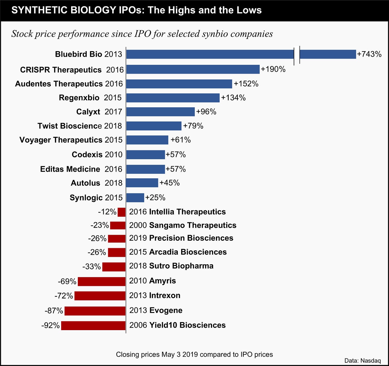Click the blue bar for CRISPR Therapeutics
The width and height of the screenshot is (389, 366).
coord(193,69)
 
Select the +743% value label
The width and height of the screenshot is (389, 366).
coord(369,54)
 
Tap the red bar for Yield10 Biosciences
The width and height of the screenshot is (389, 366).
coord(93,325)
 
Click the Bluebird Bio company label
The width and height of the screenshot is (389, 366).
coord(79,54)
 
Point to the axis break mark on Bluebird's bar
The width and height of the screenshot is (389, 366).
coord(297,54)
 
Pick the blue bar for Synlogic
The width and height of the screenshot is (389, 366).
coord(135,198)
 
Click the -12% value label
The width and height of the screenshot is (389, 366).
coord(107,212)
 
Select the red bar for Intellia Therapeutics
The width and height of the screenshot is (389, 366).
coord(122,212)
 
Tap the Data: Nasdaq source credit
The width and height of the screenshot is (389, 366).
coord(362,361)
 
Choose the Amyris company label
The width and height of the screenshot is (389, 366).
coord(163,281)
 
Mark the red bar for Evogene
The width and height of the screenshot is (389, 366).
coord(95,311)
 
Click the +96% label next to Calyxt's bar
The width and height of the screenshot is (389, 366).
coord(206,112)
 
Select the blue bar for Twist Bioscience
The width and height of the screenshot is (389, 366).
coord(154,126)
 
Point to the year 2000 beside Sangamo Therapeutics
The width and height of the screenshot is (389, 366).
coord(138,225)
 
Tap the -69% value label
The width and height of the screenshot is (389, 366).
coord(67,282)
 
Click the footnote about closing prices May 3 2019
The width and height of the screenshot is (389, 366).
coord(194,354)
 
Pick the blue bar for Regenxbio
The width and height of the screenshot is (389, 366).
coord(173,98)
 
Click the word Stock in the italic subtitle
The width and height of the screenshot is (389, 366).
coord(22,34)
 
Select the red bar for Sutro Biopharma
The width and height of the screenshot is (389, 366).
coord(114,267)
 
